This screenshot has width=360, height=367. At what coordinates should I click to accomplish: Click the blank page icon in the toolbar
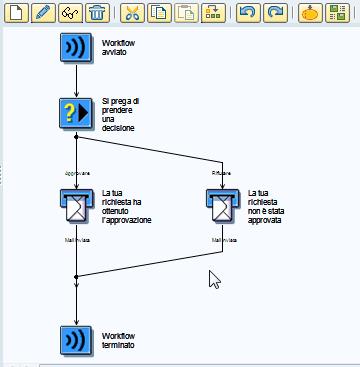click(15, 13)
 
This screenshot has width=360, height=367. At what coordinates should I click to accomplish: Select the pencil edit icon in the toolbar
click(42, 13)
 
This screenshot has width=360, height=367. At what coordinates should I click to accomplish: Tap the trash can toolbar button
click(97, 13)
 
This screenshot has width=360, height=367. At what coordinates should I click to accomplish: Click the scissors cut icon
click(133, 13)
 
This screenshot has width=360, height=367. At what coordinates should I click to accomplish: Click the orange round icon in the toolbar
click(311, 13)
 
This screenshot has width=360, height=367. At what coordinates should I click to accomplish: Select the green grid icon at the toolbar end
click(340, 13)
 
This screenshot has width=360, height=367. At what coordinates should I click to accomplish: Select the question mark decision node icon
click(76, 113)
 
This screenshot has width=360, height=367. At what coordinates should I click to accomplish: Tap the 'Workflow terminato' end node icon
click(76, 338)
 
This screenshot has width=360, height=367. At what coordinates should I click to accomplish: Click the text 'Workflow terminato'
click(119, 339)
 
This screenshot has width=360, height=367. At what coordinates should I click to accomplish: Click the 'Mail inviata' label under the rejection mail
click(223, 241)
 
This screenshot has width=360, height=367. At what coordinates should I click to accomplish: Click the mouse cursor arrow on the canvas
click(213, 278)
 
